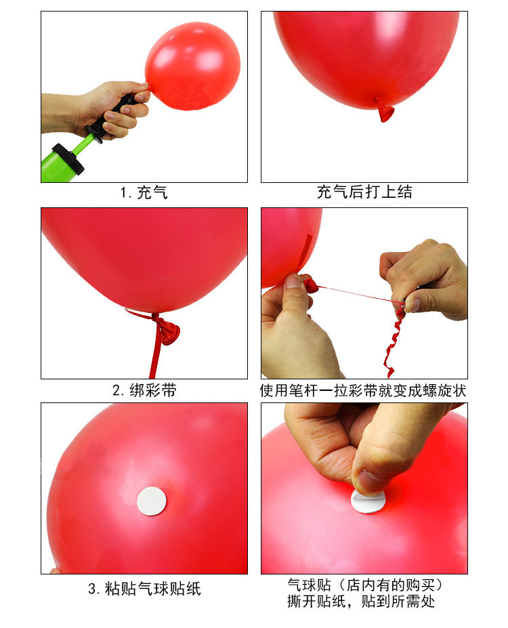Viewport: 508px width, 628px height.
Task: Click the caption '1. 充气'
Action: (x=144, y=192)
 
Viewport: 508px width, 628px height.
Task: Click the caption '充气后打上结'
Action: (x=364, y=192)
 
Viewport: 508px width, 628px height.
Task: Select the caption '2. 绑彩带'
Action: (x=144, y=391)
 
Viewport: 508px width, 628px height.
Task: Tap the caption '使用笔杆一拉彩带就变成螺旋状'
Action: (x=364, y=391)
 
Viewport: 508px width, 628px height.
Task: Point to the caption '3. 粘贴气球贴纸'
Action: (x=144, y=589)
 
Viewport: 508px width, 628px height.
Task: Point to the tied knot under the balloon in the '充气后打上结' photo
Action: (x=384, y=108)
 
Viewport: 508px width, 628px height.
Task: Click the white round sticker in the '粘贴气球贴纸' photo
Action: (x=152, y=501)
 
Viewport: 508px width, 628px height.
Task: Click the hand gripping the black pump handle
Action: (x=108, y=108)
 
